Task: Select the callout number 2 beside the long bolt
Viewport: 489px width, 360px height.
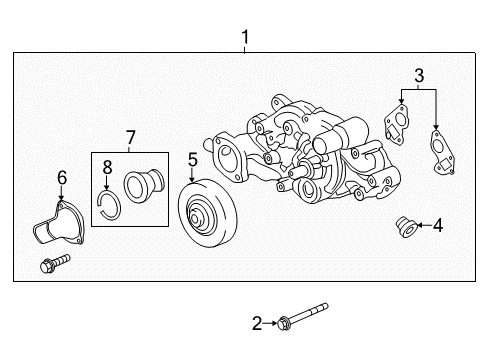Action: (x=256, y=323)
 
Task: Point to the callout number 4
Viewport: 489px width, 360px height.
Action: (x=437, y=226)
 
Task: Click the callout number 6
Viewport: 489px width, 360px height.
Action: (x=61, y=177)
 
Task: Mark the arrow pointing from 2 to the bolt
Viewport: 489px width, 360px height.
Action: (x=271, y=322)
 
